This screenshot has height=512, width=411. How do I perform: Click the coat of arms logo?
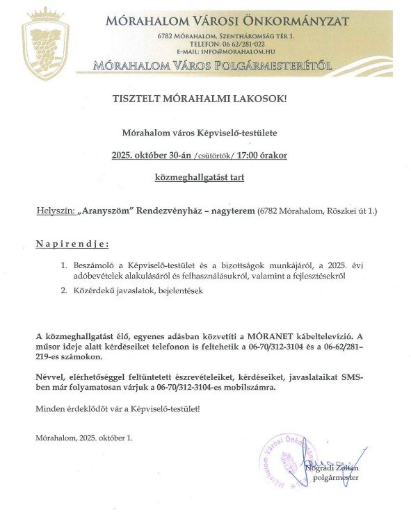tap(46, 44)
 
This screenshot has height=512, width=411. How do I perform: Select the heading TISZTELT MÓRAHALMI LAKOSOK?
tap(200, 99)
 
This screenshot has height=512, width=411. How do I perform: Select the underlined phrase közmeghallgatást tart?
tap(200, 178)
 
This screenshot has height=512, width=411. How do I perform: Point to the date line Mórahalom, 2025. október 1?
tap(84, 438)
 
